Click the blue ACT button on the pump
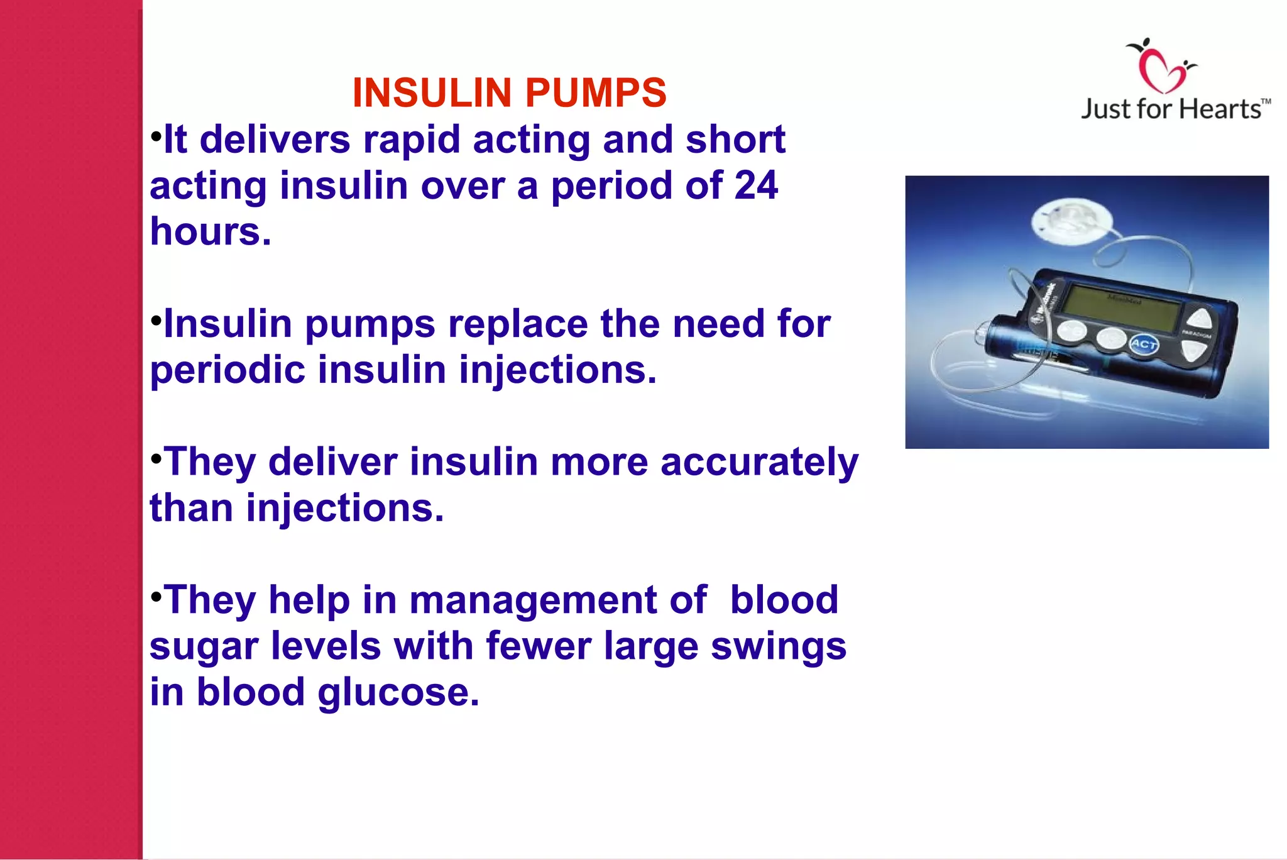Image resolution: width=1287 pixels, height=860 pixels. point(1144,344)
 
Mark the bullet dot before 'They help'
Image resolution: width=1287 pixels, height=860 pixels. point(156,595)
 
